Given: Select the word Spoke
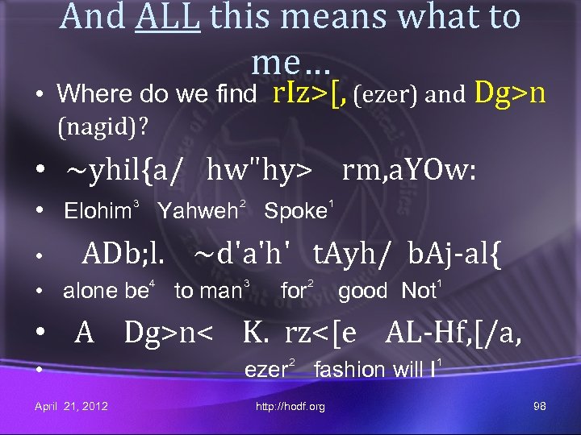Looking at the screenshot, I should pyautogui.click(x=294, y=213).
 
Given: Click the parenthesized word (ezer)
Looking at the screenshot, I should pyautogui.click(x=387, y=96).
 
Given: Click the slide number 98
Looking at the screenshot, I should pyautogui.click(x=540, y=406).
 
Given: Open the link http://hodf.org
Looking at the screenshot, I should pyautogui.click(x=290, y=407).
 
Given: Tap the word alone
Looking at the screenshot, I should pyautogui.click(x=90, y=292).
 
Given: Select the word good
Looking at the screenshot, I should pyautogui.click(x=362, y=292).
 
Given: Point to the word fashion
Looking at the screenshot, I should pyautogui.click(x=349, y=370).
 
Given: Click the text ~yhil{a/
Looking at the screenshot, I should pyautogui.click(x=125, y=171).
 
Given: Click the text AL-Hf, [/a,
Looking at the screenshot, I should pyautogui.click(x=454, y=332).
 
